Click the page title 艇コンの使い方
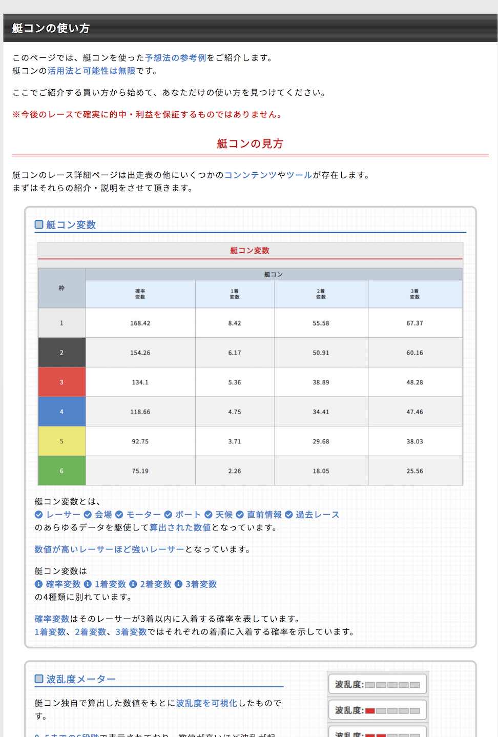51,28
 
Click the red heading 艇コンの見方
250,144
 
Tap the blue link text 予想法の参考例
175,58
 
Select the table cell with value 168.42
140,323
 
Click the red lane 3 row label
61,382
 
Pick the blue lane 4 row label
61,412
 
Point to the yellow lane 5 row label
61,441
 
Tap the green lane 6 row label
61,471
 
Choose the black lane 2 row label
61,353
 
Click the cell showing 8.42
235,323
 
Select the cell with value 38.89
321,382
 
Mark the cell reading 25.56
414,471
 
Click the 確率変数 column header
140,294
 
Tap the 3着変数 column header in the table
414,294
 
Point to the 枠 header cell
61,288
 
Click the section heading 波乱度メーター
80,679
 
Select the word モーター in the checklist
143,515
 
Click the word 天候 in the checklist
224,515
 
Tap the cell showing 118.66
140,412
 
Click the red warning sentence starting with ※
147,115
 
